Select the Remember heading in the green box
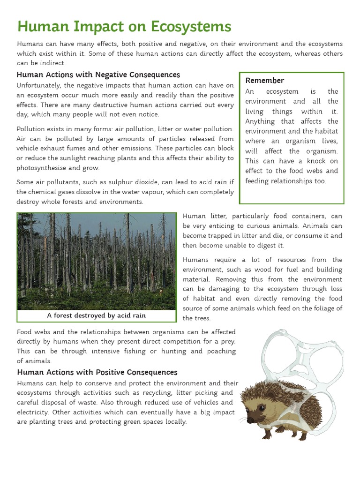(x=265, y=80)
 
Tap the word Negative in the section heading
(x=114, y=75)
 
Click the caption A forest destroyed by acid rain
(x=96, y=315)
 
